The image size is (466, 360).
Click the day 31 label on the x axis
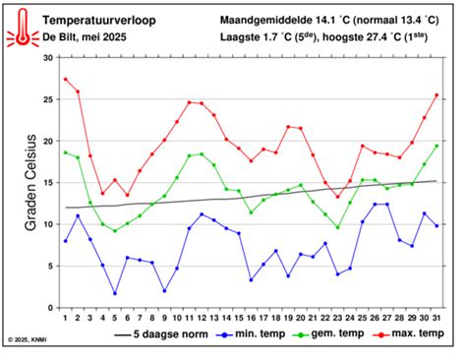coord(437,317)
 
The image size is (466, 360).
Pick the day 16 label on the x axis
coord(251,317)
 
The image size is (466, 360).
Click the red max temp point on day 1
coord(66,79)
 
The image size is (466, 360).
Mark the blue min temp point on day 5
coord(115,293)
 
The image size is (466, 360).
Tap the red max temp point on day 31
coord(437,95)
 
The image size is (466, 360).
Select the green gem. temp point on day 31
coord(437,146)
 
